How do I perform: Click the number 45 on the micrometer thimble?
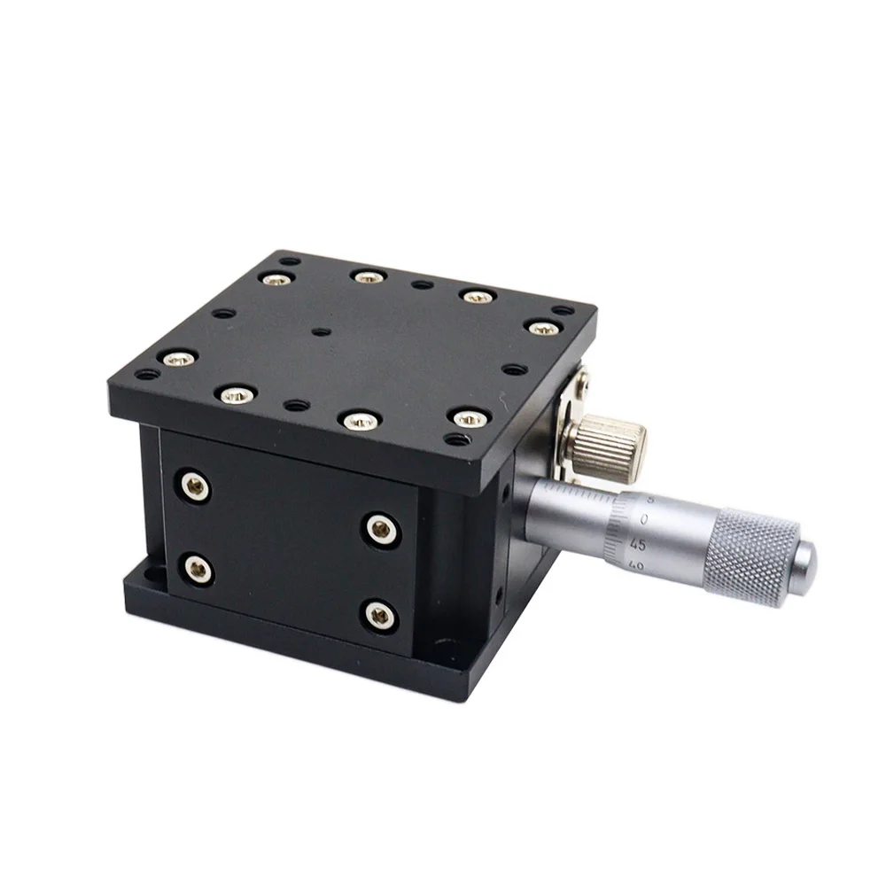pyautogui.click(x=636, y=545)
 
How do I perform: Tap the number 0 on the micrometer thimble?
pyautogui.click(x=644, y=519)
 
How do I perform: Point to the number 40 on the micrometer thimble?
pyautogui.click(x=634, y=563)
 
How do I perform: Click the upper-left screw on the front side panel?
pyautogui.click(x=194, y=486)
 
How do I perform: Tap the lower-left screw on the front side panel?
pyautogui.click(x=198, y=569)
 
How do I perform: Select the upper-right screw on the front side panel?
pyautogui.click(x=381, y=529)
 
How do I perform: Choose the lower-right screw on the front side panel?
pyautogui.click(x=379, y=612)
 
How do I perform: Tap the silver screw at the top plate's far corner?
pyautogui.click(x=276, y=278)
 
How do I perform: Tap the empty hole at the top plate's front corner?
pyautogui.click(x=457, y=439)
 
